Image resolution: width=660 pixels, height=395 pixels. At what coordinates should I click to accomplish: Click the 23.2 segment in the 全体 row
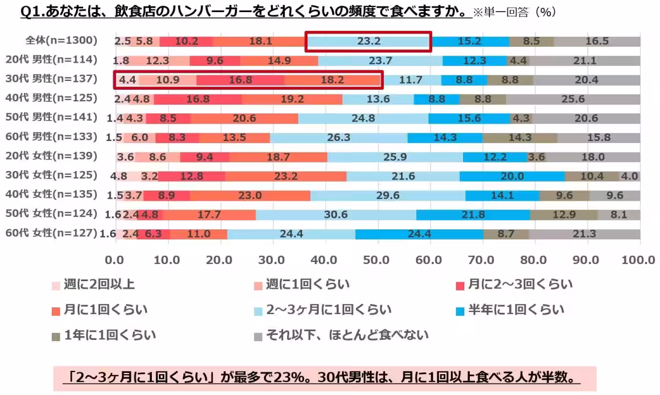tap(369, 41)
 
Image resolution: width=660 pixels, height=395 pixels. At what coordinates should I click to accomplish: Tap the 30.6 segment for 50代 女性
tap(335, 215)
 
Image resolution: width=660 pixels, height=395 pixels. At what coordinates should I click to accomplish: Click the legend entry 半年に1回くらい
tap(516, 310)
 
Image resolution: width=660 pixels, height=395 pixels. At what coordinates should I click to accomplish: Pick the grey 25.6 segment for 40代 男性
tap(573, 99)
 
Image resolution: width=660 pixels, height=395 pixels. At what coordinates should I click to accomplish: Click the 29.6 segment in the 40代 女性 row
tap(388, 195)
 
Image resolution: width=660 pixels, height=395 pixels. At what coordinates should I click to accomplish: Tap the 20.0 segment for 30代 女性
tap(512, 176)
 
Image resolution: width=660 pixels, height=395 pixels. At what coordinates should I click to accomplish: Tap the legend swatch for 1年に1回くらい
tap(55, 334)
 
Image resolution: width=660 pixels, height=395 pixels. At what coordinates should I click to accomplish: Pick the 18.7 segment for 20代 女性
tap(278, 157)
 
